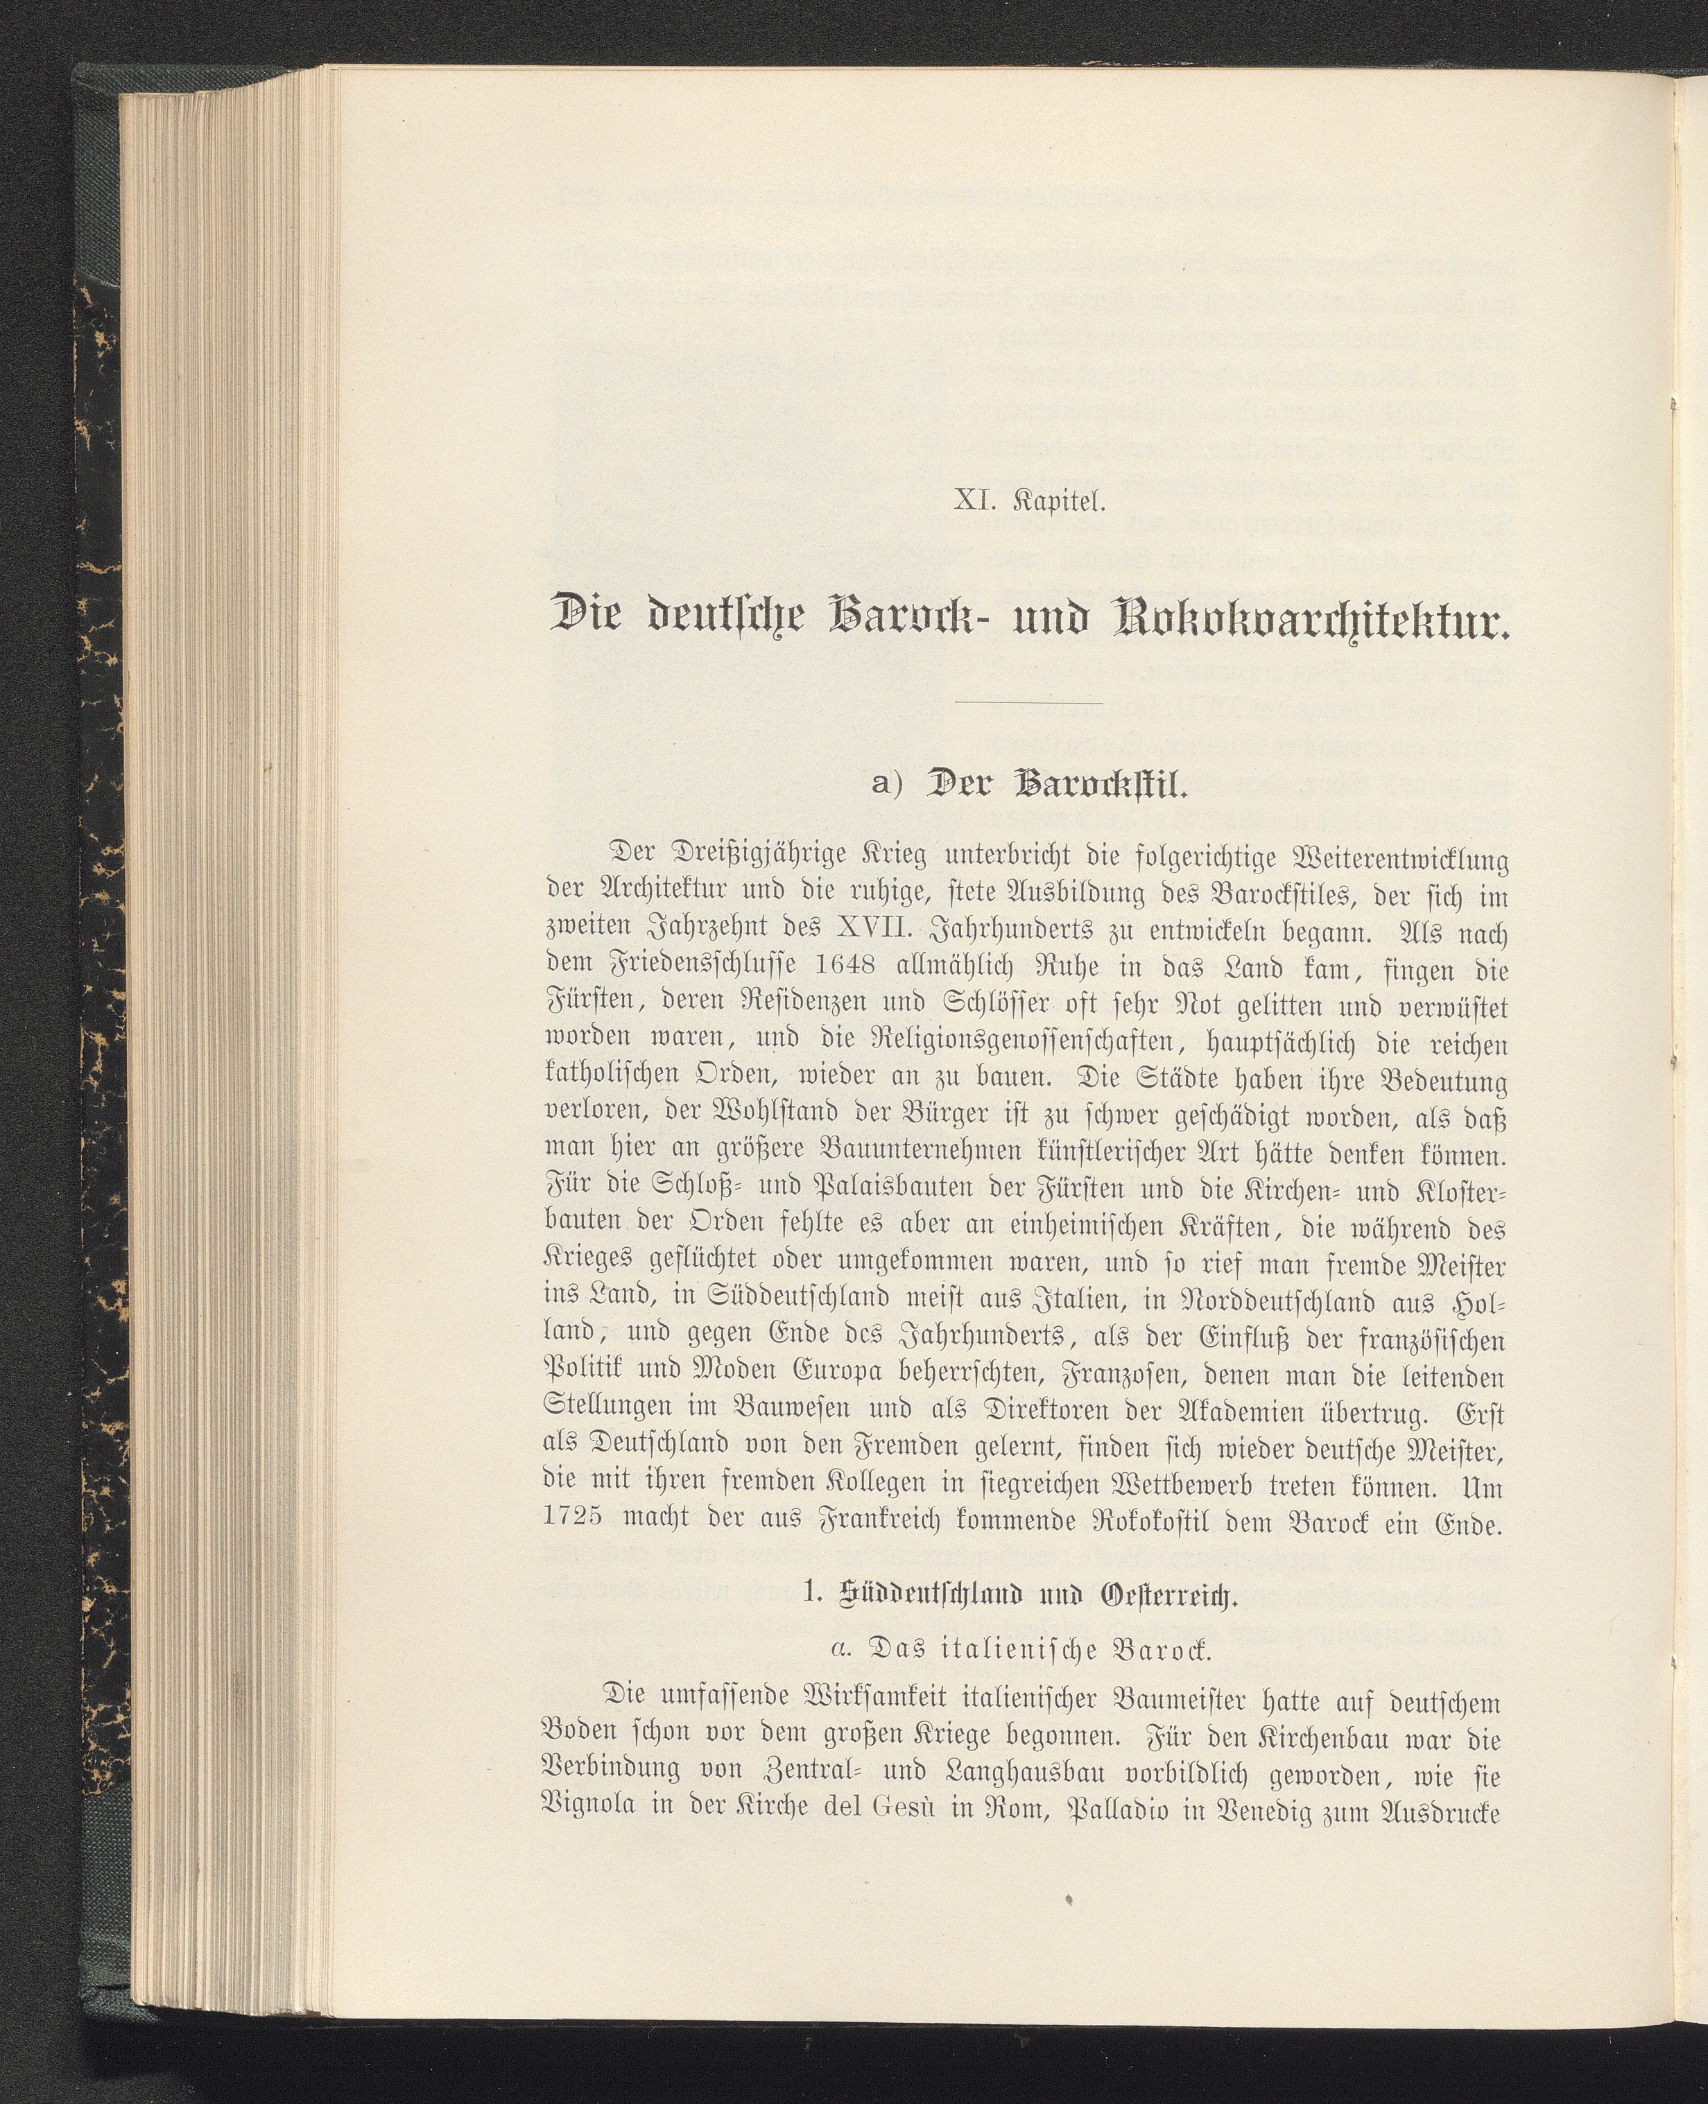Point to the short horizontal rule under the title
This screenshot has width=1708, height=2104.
click(x=1028, y=702)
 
